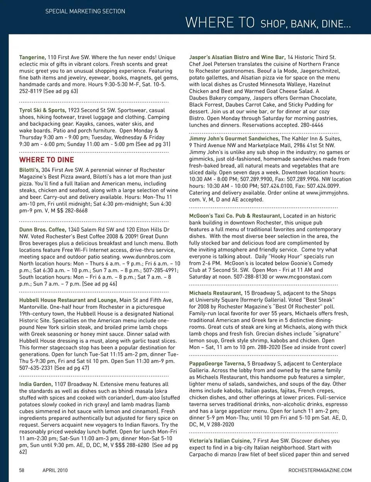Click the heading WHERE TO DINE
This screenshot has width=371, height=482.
[x=46, y=160]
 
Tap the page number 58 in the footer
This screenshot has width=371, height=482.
[x=22, y=470]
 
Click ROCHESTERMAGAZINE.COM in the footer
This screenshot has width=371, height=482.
[x=320, y=470]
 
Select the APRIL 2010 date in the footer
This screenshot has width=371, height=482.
[x=55, y=470]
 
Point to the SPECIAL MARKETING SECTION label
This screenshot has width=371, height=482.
[x=85, y=11]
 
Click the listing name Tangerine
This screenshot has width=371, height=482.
[x=32, y=57]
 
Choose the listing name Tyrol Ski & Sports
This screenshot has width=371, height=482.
[x=43, y=110]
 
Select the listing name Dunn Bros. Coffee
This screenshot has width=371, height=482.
[x=43, y=230]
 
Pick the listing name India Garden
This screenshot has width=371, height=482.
[x=36, y=384]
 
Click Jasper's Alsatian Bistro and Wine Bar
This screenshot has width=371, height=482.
[x=237, y=57]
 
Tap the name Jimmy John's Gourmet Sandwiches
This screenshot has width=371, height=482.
[x=234, y=138]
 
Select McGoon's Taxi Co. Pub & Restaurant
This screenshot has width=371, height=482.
[x=235, y=216]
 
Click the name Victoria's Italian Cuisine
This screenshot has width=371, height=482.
[x=220, y=441]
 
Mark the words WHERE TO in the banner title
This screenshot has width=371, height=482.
[x=220, y=22]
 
